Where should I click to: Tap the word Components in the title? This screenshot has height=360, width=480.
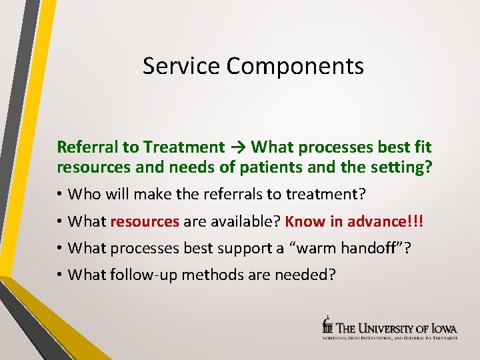click(x=295, y=66)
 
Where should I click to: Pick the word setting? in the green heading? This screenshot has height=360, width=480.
click(x=400, y=167)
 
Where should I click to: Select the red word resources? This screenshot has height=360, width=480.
click(x=145, y=221)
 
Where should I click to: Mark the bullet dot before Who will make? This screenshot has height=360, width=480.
click(x=60, y=195)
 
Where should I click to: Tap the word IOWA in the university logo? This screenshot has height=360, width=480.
click(x=442, y=328)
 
